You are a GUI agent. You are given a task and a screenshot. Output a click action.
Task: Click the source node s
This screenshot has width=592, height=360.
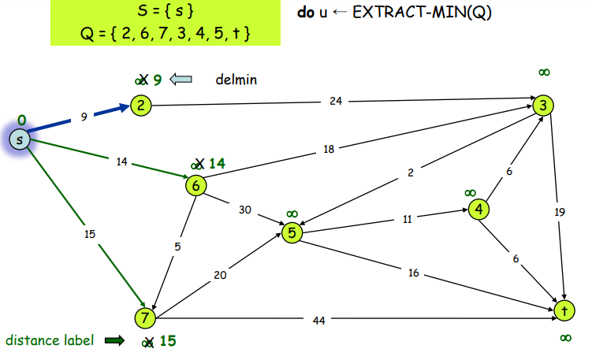20,139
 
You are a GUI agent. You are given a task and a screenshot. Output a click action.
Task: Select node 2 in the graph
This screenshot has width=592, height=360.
141,106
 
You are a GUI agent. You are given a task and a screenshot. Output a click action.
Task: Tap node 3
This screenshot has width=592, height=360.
543,105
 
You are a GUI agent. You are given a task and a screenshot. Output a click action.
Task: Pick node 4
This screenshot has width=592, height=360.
478,210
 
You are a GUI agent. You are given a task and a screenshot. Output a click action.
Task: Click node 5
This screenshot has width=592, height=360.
292,233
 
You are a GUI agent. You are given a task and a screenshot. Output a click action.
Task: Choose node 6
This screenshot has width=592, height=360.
195,185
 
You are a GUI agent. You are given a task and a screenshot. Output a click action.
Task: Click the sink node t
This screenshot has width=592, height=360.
564,310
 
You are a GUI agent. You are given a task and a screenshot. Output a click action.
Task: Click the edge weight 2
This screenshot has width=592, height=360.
410,173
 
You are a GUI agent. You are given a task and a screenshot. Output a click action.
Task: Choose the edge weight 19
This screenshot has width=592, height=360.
560,211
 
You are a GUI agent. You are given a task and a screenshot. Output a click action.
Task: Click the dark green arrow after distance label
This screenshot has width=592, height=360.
115,340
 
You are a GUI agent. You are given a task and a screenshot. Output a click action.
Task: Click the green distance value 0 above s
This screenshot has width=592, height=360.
21,120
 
